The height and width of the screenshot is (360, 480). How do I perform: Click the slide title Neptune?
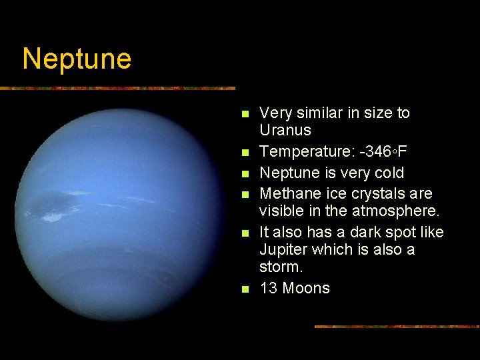pos(77,59)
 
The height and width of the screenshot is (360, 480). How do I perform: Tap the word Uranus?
pos(285,130)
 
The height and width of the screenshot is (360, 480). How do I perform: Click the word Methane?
pos(289,193)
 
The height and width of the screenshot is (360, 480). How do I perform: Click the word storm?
pos(281,267)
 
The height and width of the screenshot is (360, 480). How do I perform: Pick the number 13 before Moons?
pos(269,288)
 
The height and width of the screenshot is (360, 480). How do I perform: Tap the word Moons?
pos(306,288)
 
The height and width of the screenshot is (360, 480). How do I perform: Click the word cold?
pos(387,173)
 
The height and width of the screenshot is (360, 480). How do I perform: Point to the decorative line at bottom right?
pos(397,327)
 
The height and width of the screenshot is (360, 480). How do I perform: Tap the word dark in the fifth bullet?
pos(349,232)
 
